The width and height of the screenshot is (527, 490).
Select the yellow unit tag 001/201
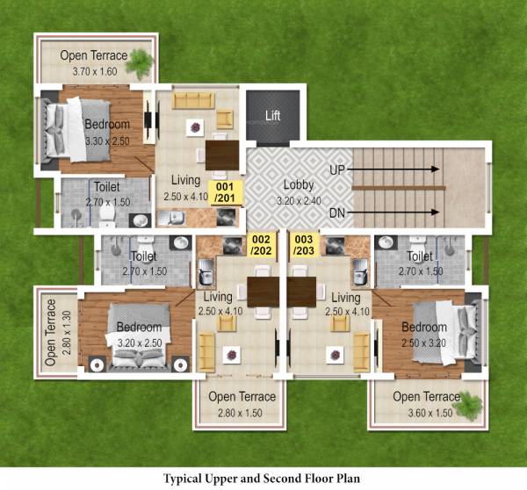225,193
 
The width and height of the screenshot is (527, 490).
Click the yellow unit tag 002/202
262,245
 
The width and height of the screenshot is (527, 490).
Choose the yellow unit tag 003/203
304,245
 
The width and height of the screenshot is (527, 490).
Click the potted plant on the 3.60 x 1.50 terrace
470,406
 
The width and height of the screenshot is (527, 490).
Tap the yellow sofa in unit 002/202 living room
207,351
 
